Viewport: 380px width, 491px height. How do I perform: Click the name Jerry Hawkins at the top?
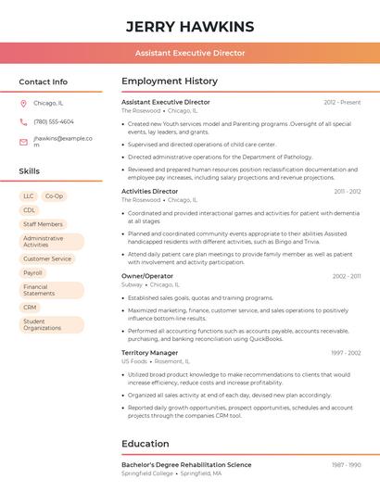(x=189, y=26)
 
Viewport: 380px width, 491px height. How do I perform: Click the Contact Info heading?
(x=43, y=82)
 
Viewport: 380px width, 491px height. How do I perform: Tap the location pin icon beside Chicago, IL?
(x=23, y=104)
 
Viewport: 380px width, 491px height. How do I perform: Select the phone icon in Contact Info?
(x=23, y=122)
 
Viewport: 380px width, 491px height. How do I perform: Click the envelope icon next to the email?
(x=23, y=142)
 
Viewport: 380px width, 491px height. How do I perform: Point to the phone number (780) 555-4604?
(x=53, y=122)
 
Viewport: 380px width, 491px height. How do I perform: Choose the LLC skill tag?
(x=29, y=196)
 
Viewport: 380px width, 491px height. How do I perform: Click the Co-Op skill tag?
(x=55, y=196)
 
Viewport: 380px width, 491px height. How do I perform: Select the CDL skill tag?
(x=29, y=210)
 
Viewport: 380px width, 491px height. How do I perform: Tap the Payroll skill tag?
(x=33, y=273)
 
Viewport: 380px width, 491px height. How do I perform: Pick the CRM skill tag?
(x=30, y=308)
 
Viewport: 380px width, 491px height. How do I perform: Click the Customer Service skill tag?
(x=47, y=259)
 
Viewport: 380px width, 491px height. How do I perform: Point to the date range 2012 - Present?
(x=342, y=102)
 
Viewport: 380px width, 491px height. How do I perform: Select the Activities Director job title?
(x=149, y=191)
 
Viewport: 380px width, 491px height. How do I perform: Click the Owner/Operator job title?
(x=147, y=276)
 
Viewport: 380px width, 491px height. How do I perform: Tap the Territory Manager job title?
(x=149, y=353)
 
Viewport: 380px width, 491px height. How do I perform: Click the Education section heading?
(x=145, y=444)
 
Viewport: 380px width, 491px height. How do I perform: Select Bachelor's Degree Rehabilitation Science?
(x=186, y=464)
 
